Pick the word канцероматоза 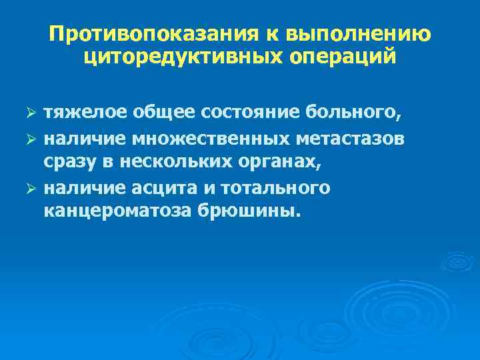tap(115, 211)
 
